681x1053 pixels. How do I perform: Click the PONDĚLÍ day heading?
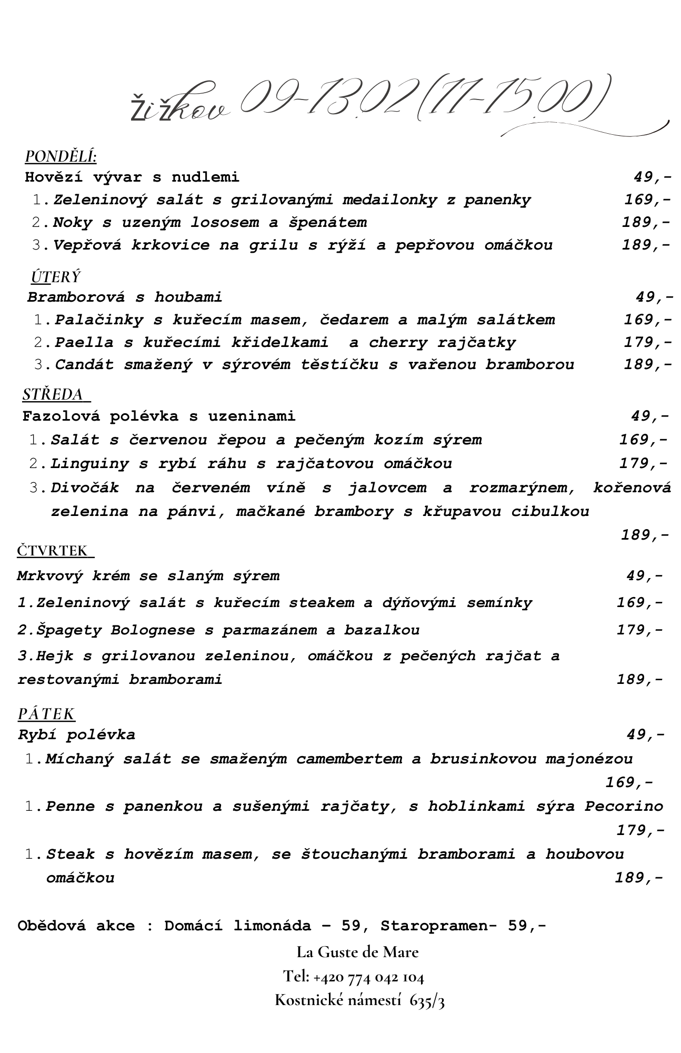point(61,156)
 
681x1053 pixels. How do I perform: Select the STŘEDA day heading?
point(54,394)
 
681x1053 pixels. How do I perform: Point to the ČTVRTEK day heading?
point(54,551)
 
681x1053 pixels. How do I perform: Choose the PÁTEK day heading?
point(46,714)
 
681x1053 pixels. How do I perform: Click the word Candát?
point(84,364)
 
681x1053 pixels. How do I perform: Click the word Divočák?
point(85,488)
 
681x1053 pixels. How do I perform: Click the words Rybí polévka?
point(76,734)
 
